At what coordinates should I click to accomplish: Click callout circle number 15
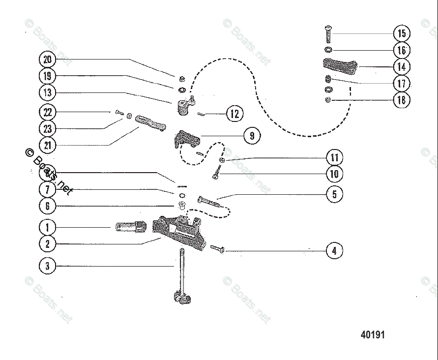[402, 33]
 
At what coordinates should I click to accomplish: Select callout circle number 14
[402, 67]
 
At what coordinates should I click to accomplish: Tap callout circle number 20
[47, 60]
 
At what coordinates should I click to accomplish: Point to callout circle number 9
[252, 136]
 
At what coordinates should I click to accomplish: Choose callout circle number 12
[234, 114]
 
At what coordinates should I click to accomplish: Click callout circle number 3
[47, 266]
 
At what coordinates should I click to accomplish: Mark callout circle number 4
[334, 251]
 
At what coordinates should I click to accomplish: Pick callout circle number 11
[334, 158]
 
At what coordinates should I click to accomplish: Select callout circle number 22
[47, 112]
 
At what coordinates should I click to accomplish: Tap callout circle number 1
[47, 227]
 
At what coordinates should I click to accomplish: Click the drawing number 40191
[373, 335]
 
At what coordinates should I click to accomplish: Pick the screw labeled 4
[218, 249]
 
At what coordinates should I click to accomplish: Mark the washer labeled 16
[328, 50]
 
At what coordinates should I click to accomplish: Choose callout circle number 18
[402, 100]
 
